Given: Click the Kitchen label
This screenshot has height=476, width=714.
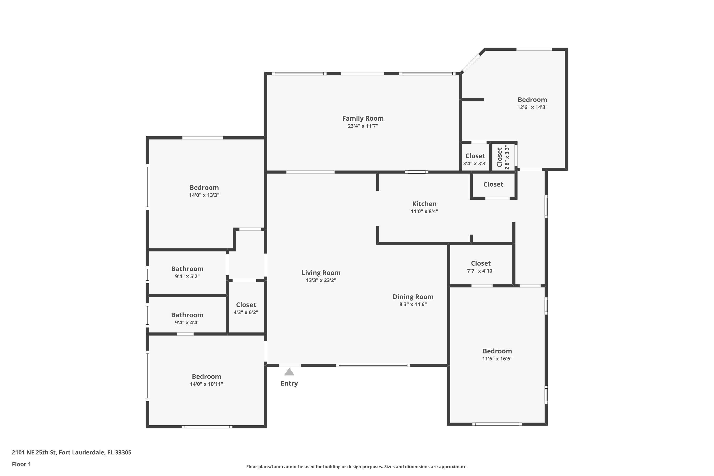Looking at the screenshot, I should click(x=424, y=204).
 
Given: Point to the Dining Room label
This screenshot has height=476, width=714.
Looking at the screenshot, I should click(x=413, y=297).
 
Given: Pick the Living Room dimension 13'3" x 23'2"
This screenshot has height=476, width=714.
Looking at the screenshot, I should click(x=321, y=280).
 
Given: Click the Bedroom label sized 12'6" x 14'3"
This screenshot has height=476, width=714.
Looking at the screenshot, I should click(x=532, y=99).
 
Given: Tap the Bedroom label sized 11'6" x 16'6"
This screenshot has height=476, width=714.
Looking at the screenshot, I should click(x=497, y=351).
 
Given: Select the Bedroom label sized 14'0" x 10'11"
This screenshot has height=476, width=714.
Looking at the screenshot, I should click(x=206, y=377).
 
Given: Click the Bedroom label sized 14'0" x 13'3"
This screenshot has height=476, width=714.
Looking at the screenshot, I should click(x=204, y=188).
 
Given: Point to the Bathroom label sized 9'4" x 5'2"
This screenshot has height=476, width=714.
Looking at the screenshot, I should click(x=187, y=269).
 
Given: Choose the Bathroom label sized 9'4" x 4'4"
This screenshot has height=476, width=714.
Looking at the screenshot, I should click(x=187, y=315).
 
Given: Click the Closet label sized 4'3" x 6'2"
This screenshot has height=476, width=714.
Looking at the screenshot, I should click(x=246, y=305).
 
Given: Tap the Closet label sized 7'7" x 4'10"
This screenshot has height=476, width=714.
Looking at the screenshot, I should click(x=481, y=263).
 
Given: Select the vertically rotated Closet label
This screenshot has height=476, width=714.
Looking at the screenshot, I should click(x=499, y=157).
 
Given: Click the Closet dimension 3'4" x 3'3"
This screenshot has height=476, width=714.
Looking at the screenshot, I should click(x=475, y=163).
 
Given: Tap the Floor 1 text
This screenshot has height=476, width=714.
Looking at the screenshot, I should click(x=21, y=464).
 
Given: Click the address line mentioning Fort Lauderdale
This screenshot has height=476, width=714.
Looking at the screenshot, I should click(x=72, y=452).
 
